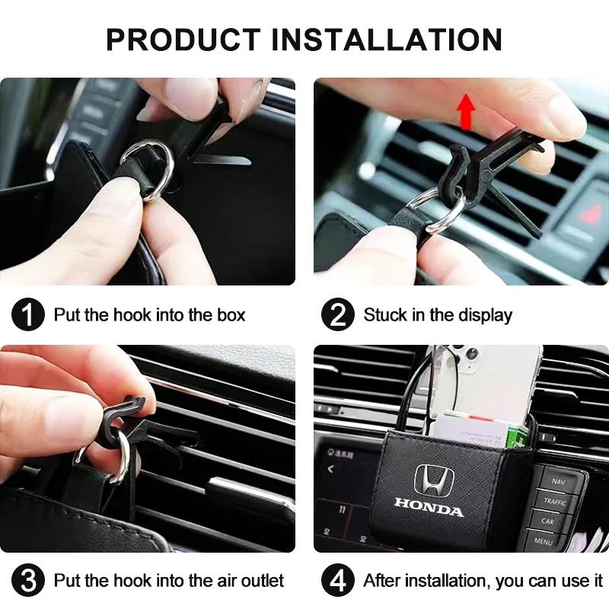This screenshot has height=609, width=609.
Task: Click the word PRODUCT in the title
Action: [x=183, y=40]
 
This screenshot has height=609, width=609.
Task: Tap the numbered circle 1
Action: [x=28, y=314]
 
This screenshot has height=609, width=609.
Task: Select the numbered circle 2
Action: [x=338, y=314]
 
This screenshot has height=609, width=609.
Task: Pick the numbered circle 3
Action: [x=28, y=581]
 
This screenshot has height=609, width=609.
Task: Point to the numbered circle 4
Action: [x=338, y=581]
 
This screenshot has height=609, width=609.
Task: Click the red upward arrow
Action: [x=466, y=112]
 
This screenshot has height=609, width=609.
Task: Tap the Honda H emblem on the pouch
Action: [x=434, y=481]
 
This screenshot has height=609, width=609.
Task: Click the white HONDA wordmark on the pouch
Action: [x=429, y=507]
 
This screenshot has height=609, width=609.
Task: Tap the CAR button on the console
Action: [x=548, y=521]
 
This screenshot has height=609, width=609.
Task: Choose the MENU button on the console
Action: [x=543, y=540]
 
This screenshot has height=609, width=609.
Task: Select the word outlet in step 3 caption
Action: [x=263, y=581]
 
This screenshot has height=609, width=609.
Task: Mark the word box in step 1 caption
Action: [x=231, y=314]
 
